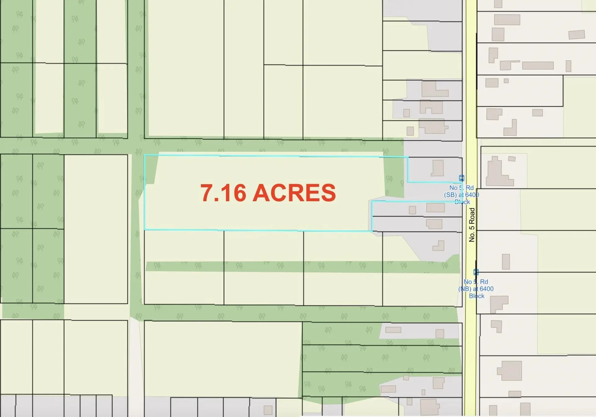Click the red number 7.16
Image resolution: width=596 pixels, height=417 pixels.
coord(223,193)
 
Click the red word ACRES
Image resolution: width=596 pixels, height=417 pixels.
coord(294,193)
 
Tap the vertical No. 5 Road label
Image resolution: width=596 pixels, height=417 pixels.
coord(472,225)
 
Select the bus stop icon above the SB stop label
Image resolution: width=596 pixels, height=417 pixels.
coord(462,178)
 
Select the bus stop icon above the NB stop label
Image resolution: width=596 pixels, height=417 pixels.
coord(476,272)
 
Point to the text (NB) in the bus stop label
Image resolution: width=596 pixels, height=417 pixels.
coord(465,289)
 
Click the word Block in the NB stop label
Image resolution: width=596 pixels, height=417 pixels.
coord(476,296)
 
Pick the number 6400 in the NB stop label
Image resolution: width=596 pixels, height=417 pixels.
coord(486,289)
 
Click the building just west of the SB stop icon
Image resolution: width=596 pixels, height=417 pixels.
coord(438,168)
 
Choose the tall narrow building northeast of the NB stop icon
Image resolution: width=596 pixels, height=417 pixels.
coord(506,261)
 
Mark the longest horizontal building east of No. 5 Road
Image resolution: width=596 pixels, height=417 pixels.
coord(538,66)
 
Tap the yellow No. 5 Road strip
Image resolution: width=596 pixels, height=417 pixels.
coord(471,93)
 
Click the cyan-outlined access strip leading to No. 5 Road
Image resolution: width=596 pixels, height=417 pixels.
coord(435,192)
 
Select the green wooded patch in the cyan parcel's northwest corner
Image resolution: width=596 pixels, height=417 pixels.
coord(151,169)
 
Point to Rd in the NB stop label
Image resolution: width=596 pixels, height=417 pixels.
coord(484,282)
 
